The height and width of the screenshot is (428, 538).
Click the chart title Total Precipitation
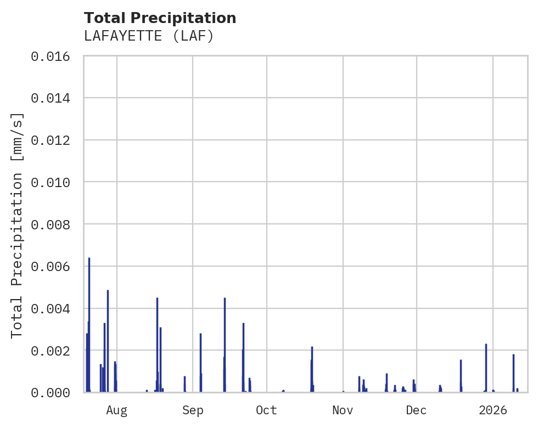pos(160,18)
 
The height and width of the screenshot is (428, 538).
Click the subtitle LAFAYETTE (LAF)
pos(148,36)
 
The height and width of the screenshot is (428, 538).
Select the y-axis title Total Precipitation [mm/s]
pos(18,224)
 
